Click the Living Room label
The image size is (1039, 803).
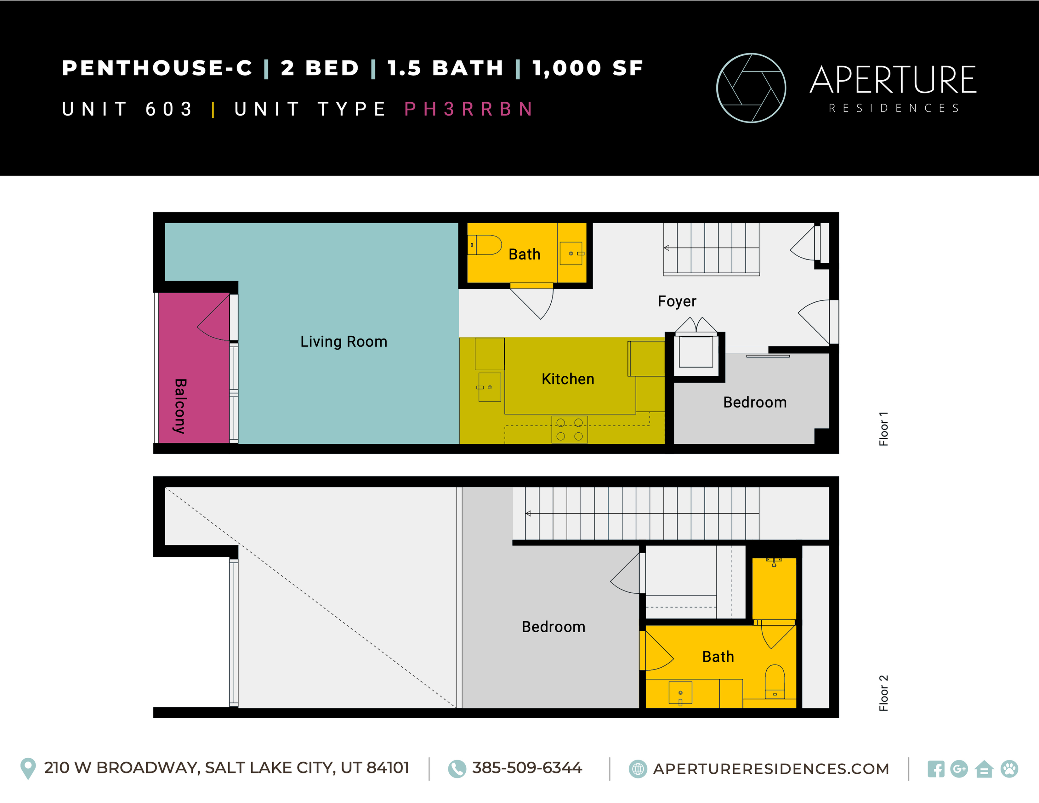pyautogui.click(x=343, y=342)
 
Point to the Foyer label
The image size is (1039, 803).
pyautogui.click(x=677, y=301)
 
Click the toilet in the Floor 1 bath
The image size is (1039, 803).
pyautogui.click(x=485, y=245)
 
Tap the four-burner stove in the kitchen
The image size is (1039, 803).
pyautogui.click(x=570, y=430)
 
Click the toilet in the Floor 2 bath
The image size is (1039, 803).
pyautogui.click(x=775, y=682)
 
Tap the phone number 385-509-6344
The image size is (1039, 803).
pyautogui.click(x=527, y=768)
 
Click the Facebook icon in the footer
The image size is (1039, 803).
pyautogui.click(x=935, y=769)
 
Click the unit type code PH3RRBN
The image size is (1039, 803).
pyautogui.click(x=468, y=109)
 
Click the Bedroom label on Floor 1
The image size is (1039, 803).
pyautogui.click(x=754, y=402)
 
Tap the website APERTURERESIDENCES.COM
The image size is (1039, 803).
pyautogui.click(x=771, y=769)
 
